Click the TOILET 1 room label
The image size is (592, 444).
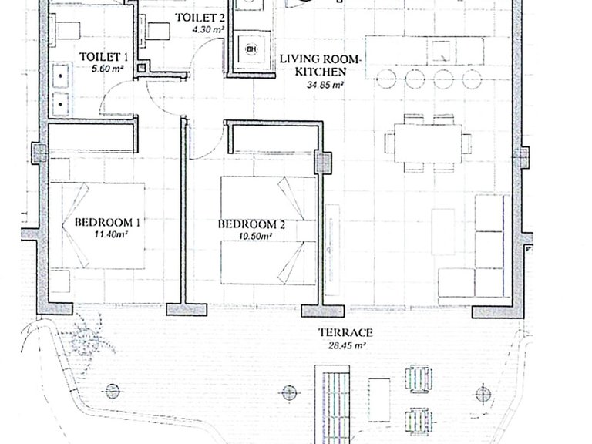coord(103,57)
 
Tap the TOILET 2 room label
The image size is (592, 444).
coord(200,18)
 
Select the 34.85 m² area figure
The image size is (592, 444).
coord(325,85)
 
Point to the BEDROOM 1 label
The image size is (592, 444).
coord(107,222)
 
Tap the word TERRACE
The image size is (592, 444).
coord(345,333)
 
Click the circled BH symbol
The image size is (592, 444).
coord(251,49)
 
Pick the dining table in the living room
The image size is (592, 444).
coord(428,143)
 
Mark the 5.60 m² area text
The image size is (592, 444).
coord(109,69)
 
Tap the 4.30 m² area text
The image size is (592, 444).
coord(207,29)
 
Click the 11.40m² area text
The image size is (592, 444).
coord(111,234)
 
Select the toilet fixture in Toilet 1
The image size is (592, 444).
coord(65,30)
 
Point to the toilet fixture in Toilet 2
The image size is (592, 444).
coord(154,31)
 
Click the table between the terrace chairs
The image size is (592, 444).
coord(379,400)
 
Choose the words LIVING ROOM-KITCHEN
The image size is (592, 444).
coord(321,66)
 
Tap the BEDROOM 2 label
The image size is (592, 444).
coord(251,224)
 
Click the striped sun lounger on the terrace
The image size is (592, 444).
coord(332,406)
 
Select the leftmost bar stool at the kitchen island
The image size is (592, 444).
coord(386,79)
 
